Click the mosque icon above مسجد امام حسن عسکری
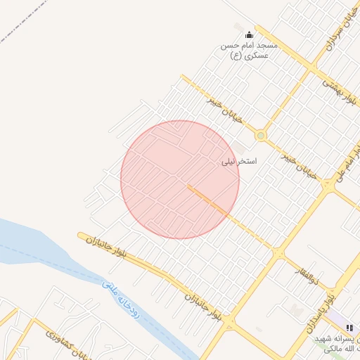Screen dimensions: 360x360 click(248, 34)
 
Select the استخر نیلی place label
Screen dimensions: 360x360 click(239, 162)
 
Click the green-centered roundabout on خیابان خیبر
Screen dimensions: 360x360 click(261, 135)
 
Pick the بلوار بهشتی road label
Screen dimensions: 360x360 click(339, 91)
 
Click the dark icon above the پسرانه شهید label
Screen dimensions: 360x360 click(349, 328)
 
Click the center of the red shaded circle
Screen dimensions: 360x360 click(180, 179)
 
